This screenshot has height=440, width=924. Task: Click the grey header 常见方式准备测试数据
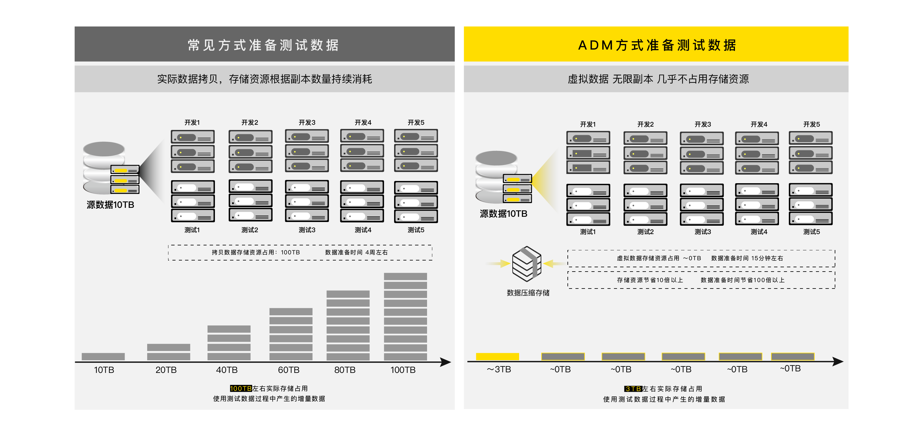tap(264, 45)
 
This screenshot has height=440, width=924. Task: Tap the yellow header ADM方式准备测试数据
tap(656, 45)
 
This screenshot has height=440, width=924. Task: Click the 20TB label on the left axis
tap(166, 370)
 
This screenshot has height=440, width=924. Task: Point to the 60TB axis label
tap(288, 370)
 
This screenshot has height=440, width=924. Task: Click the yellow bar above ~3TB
tap(497, 356)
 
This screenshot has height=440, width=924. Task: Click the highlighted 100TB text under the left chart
tap(241, 388)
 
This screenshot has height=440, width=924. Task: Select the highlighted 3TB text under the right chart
tap(633, 389)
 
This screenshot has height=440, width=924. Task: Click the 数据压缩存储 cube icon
tap(526, 264)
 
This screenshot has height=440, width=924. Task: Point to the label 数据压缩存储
tap(528, 293)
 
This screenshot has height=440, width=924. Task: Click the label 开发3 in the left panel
tap(307, 123)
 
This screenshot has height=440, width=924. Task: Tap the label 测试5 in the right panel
tap(811, 232)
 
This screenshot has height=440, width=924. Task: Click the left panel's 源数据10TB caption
tap(110, 205)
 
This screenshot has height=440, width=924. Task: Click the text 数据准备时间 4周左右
tap(356, 252)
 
